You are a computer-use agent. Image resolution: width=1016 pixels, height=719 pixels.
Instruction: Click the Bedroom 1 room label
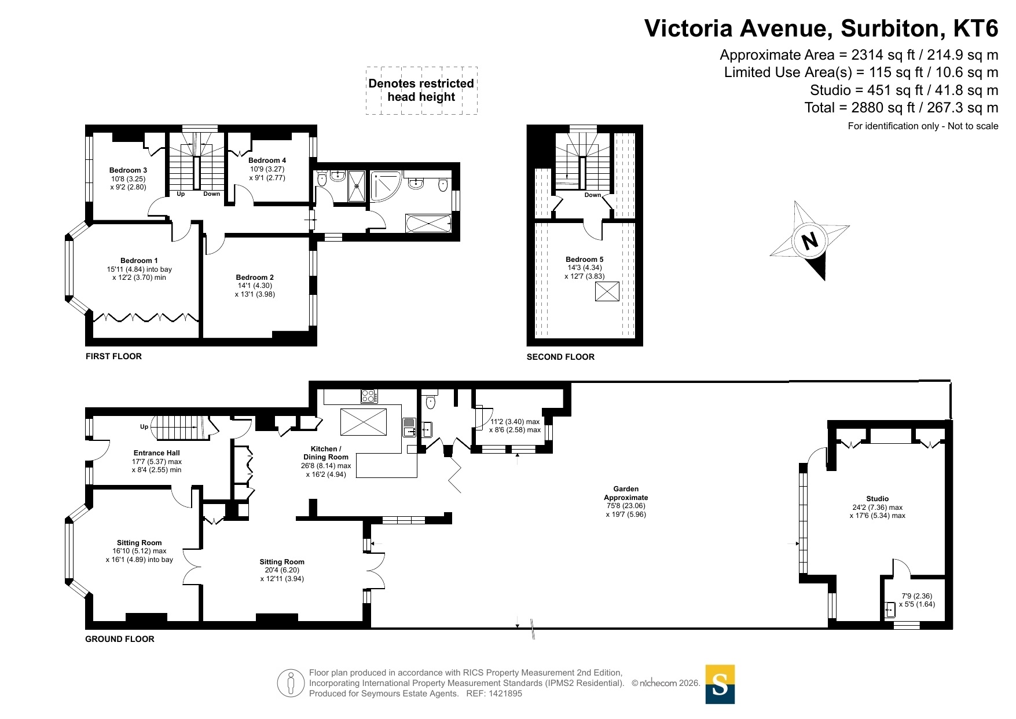tap(139, 261)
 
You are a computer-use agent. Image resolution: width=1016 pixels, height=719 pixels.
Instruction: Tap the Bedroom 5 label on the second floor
tap(585, 260)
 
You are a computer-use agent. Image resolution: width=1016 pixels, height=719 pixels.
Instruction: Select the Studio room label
tap(878, 499)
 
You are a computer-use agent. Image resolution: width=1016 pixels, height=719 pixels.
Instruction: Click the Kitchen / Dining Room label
tap(326, 453)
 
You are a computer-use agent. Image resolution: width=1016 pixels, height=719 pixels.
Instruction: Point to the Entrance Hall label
tap(157, 453)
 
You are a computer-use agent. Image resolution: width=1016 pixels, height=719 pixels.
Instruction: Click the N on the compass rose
tap(810, 240)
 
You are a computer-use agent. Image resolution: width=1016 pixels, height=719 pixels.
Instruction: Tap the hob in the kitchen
tap(369, 396)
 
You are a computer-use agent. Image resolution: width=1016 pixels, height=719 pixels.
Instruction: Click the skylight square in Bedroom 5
tap(607, 291)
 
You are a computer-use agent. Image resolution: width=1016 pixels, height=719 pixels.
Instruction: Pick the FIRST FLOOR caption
tap(113, 356)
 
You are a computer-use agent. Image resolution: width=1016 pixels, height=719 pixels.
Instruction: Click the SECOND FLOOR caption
tap(560, 357)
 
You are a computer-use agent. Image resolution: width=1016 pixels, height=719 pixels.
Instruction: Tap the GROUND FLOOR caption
tap(120, 639)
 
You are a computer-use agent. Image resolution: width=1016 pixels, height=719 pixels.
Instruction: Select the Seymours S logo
tap(720, 684)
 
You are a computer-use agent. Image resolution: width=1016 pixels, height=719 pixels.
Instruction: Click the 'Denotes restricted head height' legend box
tap(421, 90)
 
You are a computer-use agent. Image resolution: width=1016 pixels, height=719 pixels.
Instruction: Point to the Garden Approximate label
tap(626, 493)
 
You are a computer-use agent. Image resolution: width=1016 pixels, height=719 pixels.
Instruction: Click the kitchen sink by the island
tap(409, 427)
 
